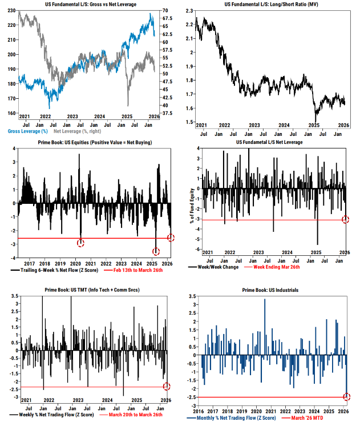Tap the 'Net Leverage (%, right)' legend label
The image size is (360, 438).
(87, 131)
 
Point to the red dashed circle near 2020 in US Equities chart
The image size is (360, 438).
(80, 243)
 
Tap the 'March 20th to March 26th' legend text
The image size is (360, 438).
(131, 414)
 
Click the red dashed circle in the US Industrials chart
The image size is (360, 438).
(346, 397)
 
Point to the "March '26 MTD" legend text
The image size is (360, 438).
(309, 417)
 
